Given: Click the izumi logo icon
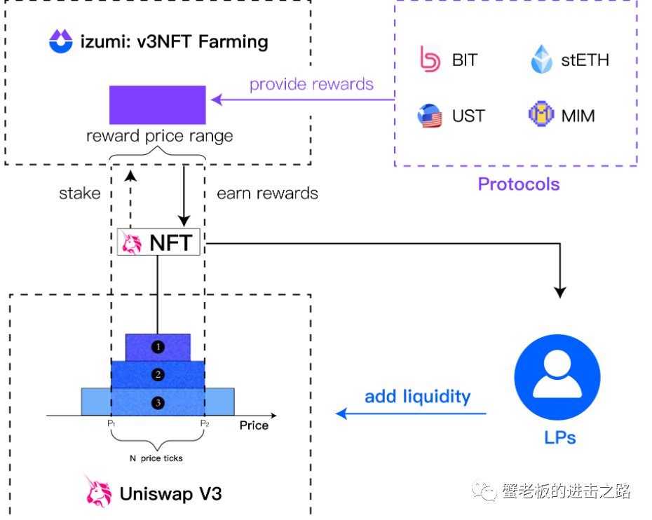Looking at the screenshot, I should pos(61,41).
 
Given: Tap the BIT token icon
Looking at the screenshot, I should pos(429,60).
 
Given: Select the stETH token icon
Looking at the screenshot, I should pos(542,60).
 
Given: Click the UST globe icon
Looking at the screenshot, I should pos(430,116).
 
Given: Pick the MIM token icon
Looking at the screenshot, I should pos(541,115).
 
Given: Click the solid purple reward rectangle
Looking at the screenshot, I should pos(157,104).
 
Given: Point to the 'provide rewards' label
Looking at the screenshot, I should pos(311,85).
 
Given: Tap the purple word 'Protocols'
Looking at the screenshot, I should pos(519,184).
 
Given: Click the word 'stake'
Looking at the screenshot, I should pos(80,193).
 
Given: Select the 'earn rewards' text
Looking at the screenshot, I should pos(267,193).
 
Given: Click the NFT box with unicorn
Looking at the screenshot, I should pos(158,242).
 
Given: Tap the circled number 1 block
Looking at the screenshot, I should pos(158,346).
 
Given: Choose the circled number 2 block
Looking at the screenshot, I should pos(158,374).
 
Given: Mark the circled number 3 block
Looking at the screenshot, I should pos(158,402).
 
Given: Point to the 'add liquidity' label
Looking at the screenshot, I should pos(417,397).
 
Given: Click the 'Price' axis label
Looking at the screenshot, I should pos(254,425).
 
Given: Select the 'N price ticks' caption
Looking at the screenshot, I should pos(156,458).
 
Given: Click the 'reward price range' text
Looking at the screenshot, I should pos(159,136).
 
